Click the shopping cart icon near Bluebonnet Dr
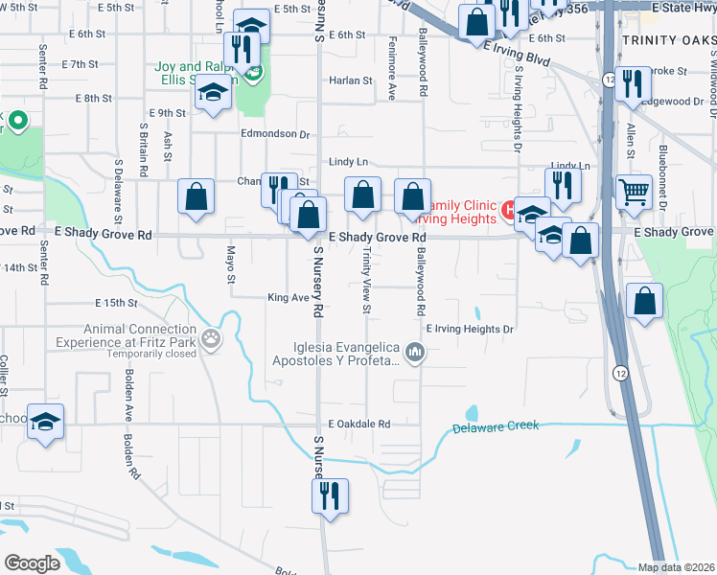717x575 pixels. click(634, 192)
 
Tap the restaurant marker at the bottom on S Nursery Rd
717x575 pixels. click(330, 496)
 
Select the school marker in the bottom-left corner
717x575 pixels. click(45, 423)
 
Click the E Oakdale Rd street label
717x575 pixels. click(359, 424)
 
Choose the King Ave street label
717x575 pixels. click(288, 298)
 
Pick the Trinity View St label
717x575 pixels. click(366, 281)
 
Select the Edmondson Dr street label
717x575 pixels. click(276, 135)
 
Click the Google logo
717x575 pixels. click(32, 563)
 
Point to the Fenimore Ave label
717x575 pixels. click(392, 79)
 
